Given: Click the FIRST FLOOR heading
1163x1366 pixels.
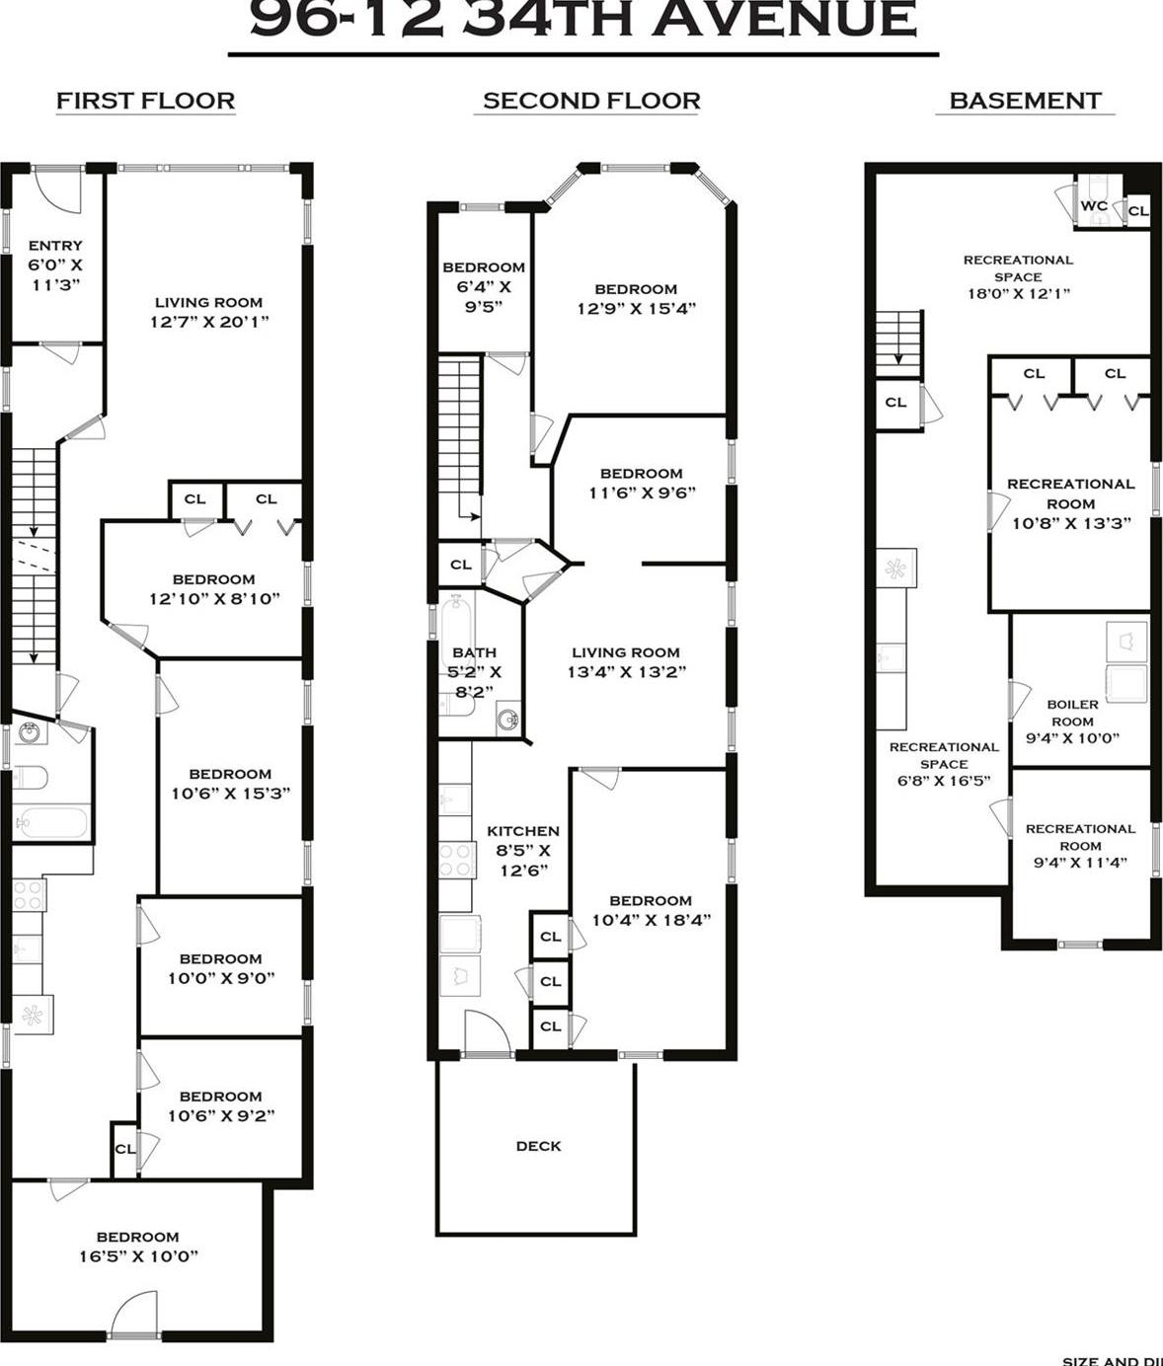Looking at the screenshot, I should click(145, 101).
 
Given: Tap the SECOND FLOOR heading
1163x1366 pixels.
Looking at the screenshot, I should click(590, 101).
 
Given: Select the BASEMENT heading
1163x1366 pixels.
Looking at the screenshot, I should click(1024, 101).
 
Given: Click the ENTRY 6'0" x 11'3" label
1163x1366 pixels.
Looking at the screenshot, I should click(55, 265).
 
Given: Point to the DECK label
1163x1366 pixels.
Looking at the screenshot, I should click(538, 1146).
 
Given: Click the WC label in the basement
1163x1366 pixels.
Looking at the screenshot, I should click(1093, 206).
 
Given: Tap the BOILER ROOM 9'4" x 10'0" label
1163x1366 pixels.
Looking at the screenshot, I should click(1072, 721).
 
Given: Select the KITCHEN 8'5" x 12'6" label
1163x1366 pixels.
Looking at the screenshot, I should click(522, 850).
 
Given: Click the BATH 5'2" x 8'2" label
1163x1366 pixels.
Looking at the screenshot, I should click(474, 671).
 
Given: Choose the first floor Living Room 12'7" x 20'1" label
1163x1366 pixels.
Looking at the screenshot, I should click(208, 312).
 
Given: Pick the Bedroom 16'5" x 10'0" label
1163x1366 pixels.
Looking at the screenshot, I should click(137, 1246).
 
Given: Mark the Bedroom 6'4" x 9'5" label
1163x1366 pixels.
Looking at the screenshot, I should click(483, 286).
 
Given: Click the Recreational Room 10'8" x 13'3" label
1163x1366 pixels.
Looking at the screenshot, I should click(1070, 503).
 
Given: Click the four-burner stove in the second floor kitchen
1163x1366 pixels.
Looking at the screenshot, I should click(456, 860).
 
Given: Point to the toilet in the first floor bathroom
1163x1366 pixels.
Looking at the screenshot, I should click(29, 778).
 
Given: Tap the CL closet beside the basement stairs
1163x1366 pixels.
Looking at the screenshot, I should click(895, 403).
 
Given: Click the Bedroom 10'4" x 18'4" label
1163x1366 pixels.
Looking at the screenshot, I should click(650, 910).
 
